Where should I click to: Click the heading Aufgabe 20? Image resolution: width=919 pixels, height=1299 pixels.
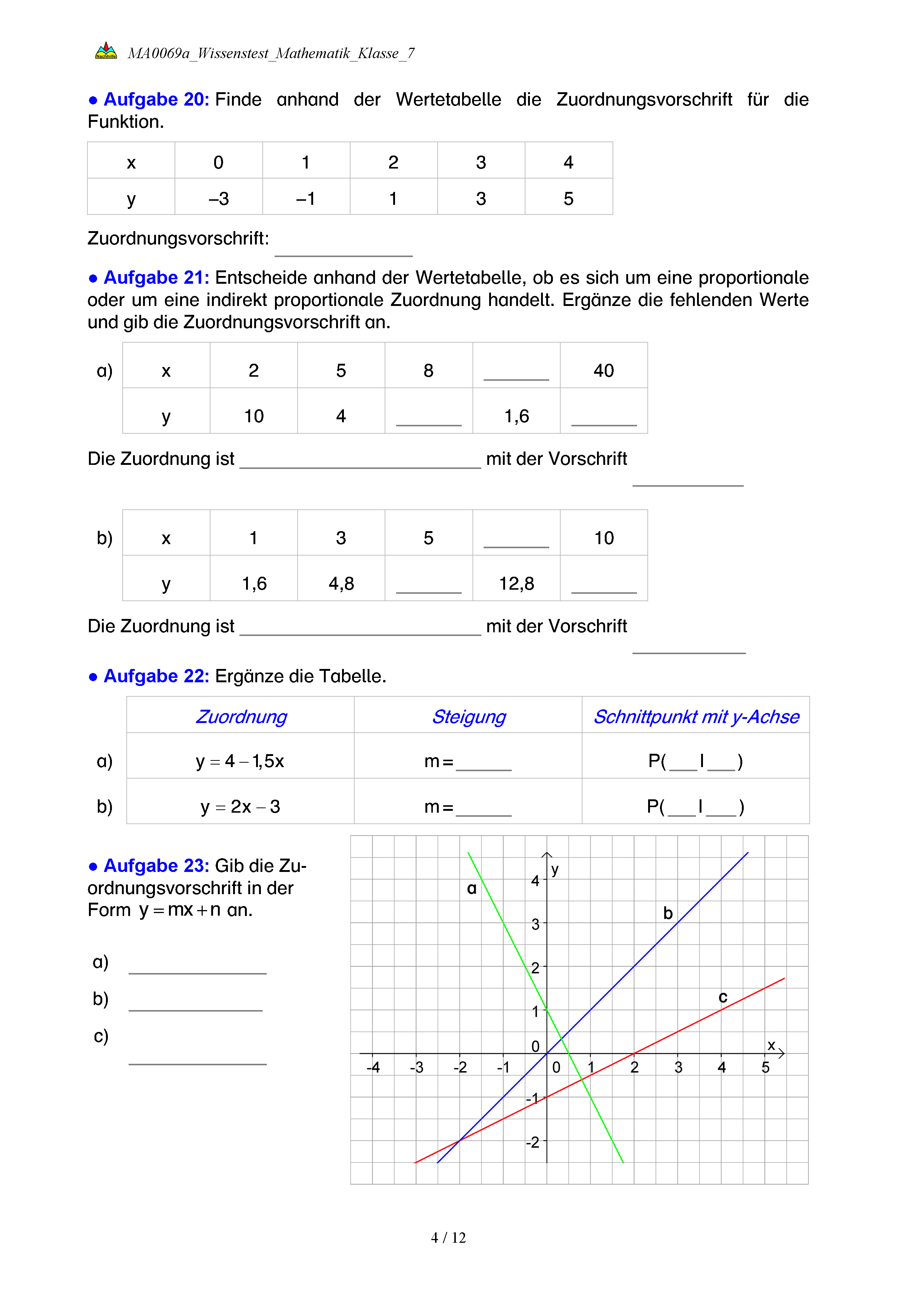[156, 100]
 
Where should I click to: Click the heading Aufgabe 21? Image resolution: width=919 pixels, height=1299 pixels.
[156, 278]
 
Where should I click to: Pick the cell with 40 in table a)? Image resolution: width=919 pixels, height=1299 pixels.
[603, 370]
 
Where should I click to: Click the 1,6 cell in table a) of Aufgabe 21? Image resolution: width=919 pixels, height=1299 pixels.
[516, 416]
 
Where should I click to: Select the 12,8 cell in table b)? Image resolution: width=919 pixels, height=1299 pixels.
[516, 583]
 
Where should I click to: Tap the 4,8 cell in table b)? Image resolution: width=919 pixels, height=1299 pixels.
[341, 583]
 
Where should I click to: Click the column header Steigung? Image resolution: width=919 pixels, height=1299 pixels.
[468, 716]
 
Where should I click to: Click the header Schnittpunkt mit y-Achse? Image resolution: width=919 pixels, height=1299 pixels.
[696, 716]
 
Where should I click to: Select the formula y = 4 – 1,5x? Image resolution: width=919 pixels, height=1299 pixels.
[240, 761]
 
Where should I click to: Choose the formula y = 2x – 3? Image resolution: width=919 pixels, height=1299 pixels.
[240, 806]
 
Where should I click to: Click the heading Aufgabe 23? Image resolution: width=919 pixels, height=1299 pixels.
[156, 866]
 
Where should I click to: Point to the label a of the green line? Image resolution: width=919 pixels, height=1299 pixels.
[471, 889]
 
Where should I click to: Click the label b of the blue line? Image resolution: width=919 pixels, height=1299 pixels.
[668, 913]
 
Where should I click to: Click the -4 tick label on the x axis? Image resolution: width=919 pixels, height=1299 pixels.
[373, 1067]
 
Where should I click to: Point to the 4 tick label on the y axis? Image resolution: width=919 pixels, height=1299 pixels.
[535, 881]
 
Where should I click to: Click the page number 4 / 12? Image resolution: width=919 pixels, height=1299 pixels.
[448, 1238]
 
